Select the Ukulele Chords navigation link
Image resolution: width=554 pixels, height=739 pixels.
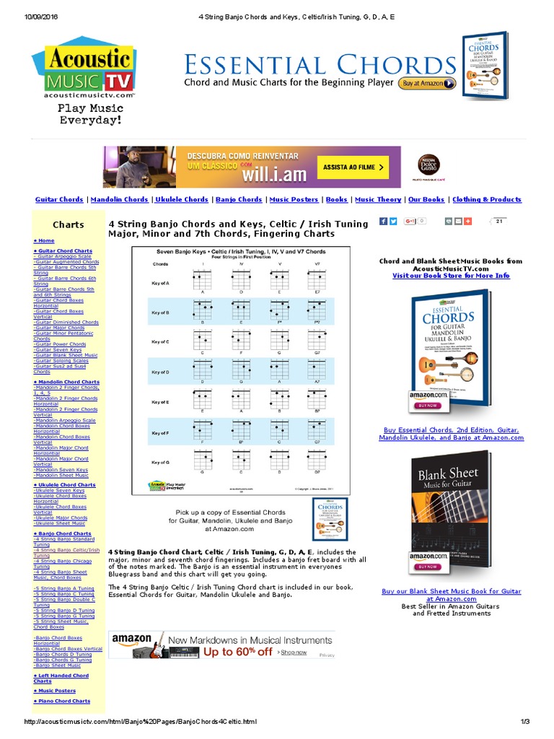pyautogui.click(x=181, y=200)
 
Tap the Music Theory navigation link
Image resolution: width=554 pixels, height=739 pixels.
pyautogui.click(x=378, y=200)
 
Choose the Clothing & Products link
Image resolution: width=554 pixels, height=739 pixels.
pyautogui.click(x=486, y=200)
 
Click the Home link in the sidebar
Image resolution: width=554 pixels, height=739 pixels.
pyautogui.click(x=44, y=240)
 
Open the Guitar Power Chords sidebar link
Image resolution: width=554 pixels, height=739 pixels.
pyautogui.click(x=60, y=344)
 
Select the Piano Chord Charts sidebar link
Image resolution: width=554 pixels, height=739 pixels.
pyautogui.click(x=62, y=701)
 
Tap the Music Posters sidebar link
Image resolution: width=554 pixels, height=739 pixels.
pyautogui.click(x=55, y=691)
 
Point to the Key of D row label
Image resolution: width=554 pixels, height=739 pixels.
pyautogui.click(x=160, y=372)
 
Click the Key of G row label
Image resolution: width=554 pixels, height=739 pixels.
pyautogui.click(x=160, y=462)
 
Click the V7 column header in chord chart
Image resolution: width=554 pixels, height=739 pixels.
pyautogui.click(x=317, y=263)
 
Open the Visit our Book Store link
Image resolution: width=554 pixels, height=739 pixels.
pyautogui.click(x=451, y=276)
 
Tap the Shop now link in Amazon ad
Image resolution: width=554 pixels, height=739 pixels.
pyautogui.click(x=294, y=652)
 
